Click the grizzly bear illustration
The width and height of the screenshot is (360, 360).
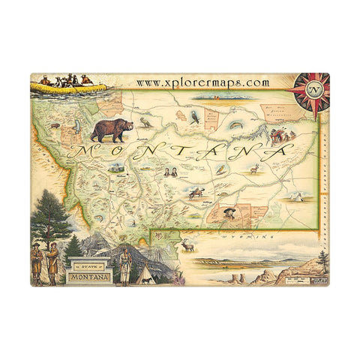112,129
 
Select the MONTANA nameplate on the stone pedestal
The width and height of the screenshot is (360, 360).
88,278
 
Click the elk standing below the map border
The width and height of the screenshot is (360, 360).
187,244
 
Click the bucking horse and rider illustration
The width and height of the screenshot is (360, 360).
197,193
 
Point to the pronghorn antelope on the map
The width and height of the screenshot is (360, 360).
253,169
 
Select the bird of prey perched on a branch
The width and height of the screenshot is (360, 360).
195,115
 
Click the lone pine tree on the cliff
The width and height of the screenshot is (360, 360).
322,260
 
